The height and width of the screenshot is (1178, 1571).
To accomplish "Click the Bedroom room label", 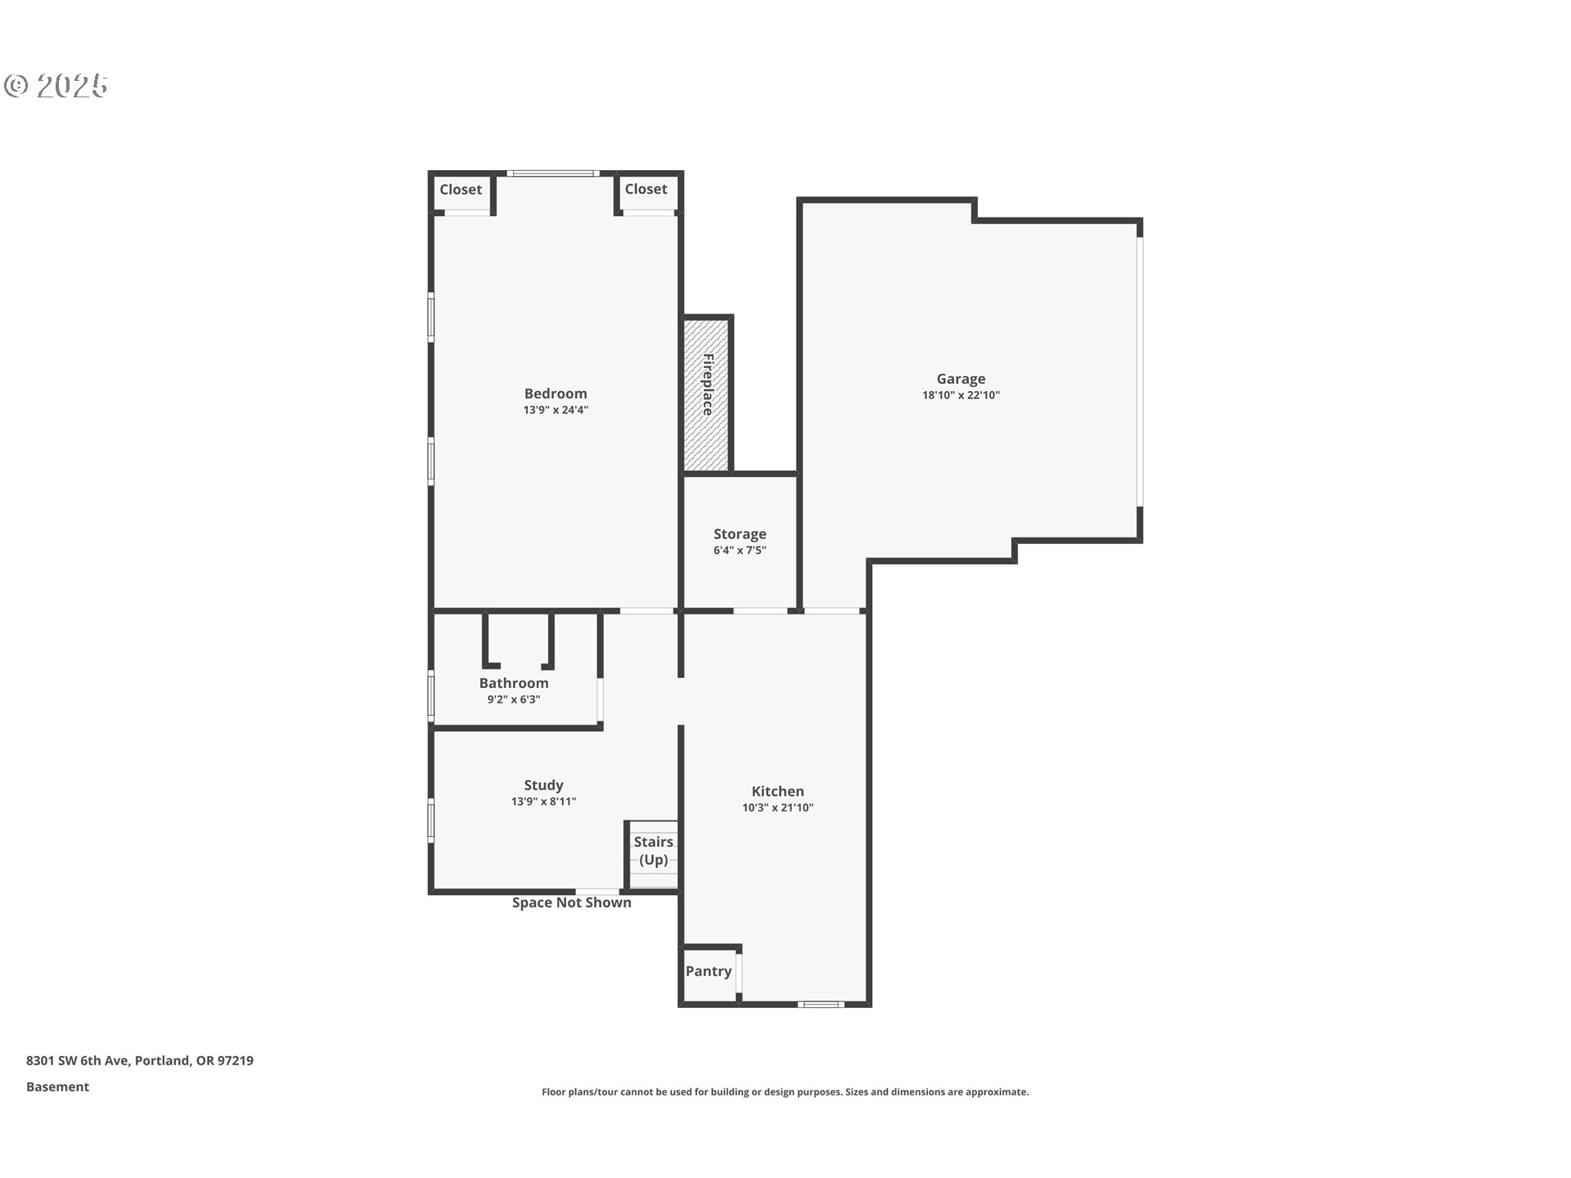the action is pos(556,393).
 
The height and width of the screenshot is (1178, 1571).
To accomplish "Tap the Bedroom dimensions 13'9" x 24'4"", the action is pos(556,410).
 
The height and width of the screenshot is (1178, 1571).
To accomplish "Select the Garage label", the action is pos(961,379).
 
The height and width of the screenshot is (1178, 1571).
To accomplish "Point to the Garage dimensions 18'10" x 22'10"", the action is pos(961,395).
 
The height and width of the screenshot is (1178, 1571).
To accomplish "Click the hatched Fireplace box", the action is pos(706,394).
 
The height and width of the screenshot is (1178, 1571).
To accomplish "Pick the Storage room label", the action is pos(740,534).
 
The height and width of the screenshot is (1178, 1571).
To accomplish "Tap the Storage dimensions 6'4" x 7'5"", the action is pos(740,551).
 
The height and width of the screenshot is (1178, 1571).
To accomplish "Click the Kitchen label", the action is pos(777,791).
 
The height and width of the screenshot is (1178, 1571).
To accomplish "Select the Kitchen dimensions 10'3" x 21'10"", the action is pos(777,807).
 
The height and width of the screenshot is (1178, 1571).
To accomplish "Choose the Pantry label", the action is pos(709,971).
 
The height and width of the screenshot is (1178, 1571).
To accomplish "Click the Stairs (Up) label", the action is pos(654,851).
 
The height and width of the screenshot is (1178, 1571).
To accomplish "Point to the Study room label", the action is pos(543,785).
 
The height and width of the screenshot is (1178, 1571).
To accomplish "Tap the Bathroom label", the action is pos(514,683).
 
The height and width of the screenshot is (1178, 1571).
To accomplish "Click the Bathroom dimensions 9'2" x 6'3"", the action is pos(514,699).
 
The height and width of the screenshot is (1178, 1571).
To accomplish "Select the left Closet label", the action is pos(461,190).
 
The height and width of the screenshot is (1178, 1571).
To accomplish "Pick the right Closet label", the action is pos(646,189).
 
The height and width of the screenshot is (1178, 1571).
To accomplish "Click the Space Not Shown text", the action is pos(572,902).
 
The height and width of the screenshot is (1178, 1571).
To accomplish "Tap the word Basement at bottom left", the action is pos(57,1086).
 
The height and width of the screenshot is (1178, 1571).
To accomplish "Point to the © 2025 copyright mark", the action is pos(56,86).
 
